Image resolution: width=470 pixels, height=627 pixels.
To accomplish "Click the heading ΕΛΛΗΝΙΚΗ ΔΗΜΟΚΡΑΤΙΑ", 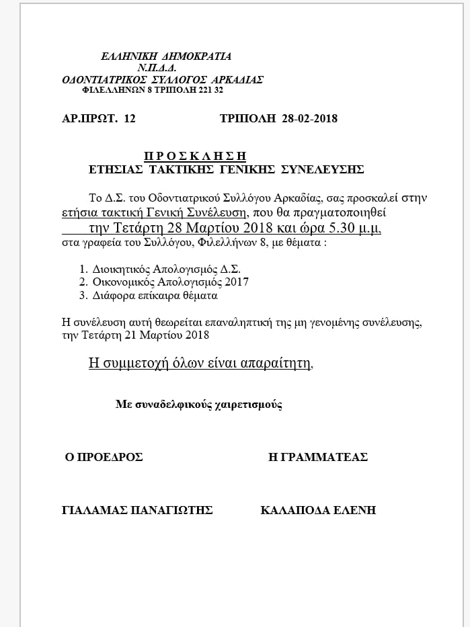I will click(x=165, y=56).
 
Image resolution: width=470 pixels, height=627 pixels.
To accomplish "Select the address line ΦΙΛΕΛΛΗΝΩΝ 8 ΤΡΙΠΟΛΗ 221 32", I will click(x=152, y=89).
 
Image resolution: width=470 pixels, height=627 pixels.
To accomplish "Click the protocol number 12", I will click(x=130, y=119).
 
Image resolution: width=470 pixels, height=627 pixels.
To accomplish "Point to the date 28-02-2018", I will click(x=309, y=119).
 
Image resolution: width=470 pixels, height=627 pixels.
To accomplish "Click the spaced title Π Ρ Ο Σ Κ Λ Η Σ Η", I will click(x=195, y=155).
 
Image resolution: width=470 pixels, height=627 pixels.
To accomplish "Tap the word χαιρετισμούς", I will click(x=251, y=405).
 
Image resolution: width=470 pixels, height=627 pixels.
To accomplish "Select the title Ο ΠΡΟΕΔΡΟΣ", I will click(x=104, y=457).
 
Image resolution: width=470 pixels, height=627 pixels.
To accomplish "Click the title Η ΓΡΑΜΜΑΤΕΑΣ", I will click(x=317, y=457).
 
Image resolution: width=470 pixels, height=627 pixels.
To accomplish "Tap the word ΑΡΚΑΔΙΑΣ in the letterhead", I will click(x=236, y=79).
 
